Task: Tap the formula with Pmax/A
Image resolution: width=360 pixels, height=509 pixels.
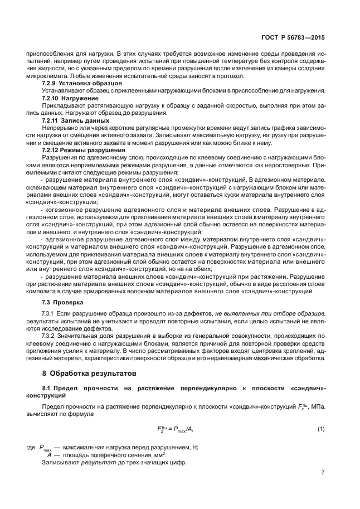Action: coord(174,428)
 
